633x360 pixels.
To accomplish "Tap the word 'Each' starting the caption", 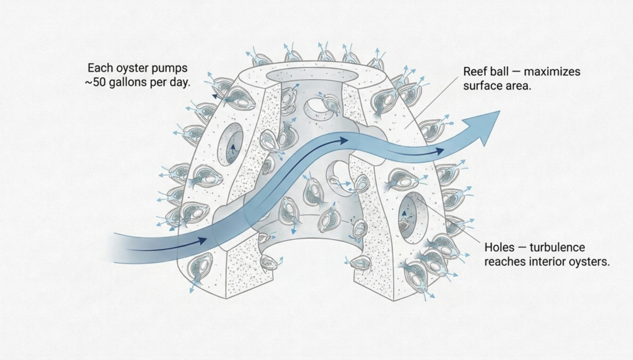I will tap(99, 67).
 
